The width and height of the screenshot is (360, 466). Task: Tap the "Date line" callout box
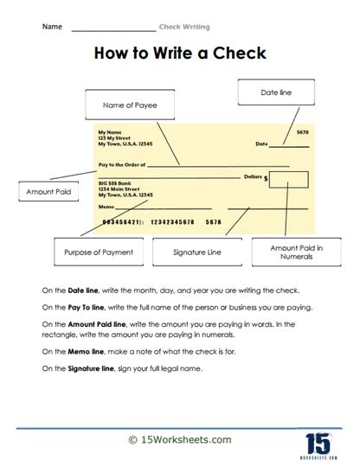click(x=269, y=92)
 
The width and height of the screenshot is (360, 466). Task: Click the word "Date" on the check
click(x=262, y=144)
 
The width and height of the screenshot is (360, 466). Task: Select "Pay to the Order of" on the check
click(x=121, y=163)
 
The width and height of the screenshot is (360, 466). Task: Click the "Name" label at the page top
click(x=51, y=27)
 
